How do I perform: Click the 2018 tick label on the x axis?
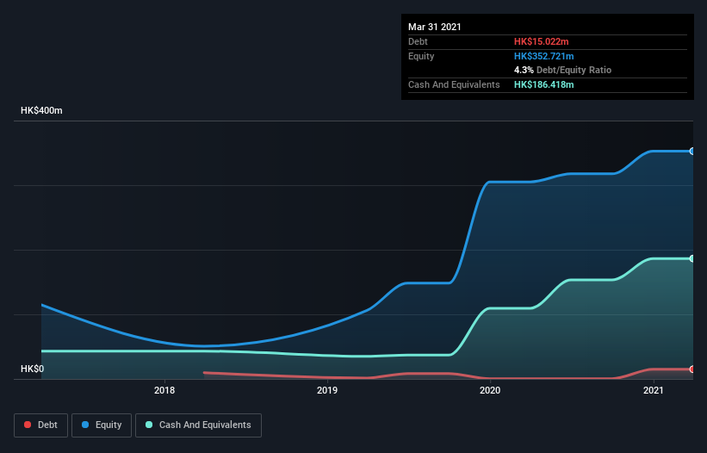tap(164, 391)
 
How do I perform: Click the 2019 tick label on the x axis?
tap(327, 391)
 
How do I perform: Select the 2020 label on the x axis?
tap(490, 391)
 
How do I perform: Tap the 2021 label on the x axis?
tap(654, 391)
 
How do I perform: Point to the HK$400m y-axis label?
tap(42, 111)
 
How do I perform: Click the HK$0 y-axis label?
tap(33, 369)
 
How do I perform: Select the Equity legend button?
tap(102, 425)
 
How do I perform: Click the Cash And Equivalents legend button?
tap(198, 425)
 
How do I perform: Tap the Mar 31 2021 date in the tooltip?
tap(435, 27)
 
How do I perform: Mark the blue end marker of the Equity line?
tap(691, 152)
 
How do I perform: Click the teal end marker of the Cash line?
tap(691, 258)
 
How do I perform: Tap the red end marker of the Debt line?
tap(691, 369)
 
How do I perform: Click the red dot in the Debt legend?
tap(28, 425)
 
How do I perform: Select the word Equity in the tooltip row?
tap(421, 56)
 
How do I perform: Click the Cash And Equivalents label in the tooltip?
tap(454, 84)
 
